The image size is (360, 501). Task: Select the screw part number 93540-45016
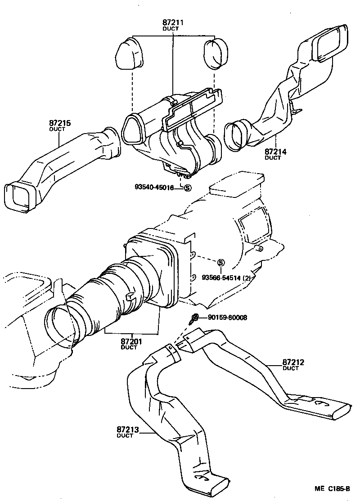pyautogui.click(x=154, y=188)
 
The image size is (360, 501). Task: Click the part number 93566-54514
pyautogui.click(x=220, y=277)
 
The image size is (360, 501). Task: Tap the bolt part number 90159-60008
pyautogui.click(x=227, y=318)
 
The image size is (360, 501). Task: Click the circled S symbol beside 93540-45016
pyautogui.click(x=187, y=188)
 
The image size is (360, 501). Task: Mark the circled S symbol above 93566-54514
pyautogui.click(x=220, y=263)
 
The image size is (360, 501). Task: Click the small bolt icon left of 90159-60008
pyautogui.click(x=194, y=319)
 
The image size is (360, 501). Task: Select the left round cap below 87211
pyautogui.click(x=130, y=55)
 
